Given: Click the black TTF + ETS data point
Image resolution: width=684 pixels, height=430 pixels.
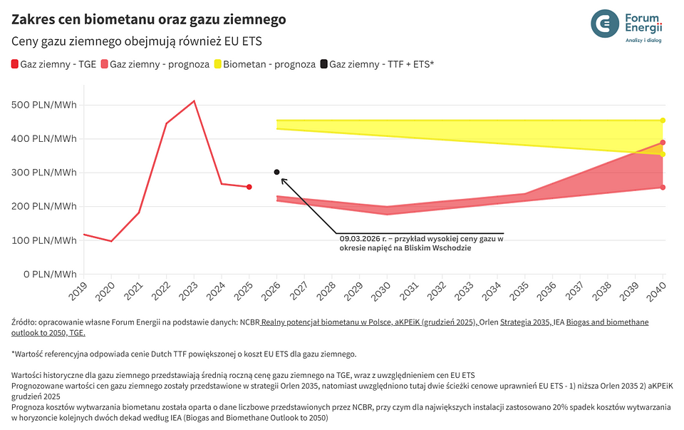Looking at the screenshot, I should [x=276, y=172].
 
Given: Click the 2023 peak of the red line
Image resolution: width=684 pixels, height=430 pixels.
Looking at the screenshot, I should [x=194, y=101].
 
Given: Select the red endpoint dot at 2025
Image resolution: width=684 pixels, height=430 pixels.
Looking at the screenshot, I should [x=249, y=187].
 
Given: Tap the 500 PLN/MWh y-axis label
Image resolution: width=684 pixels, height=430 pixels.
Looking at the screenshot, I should [x=44, y=105].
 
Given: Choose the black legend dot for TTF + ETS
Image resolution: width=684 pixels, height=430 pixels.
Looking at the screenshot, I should [x=323, y=65].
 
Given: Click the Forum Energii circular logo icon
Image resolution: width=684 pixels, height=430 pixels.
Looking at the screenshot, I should [x=606, y=24].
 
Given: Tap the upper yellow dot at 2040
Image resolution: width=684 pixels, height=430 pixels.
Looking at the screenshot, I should [x=663, y=120].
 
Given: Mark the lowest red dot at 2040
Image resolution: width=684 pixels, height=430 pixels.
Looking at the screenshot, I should [x=663, y=188].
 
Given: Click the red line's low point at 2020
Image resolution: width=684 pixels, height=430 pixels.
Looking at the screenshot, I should [x=111, y=241].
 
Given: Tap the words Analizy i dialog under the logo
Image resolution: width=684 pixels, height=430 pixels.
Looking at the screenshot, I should [x=643, y=41].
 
